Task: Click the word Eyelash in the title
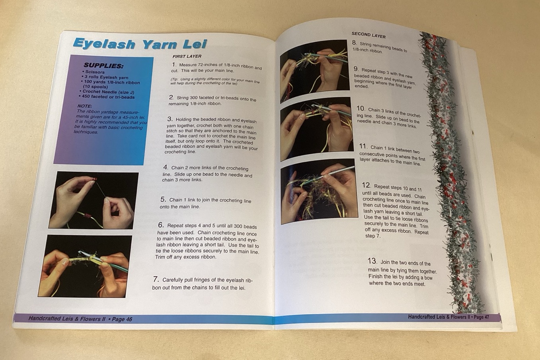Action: pyautogui.click(x=104, y=44)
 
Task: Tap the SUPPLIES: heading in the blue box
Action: pyautogui.click(x=103, y=66)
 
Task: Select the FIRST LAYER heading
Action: pyautogui.click(x=187, y=56)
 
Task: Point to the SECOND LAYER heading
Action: pyautogui.click(x=368, y=35)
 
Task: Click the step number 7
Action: pyautogui.click(x=156, y=279)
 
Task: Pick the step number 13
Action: pyautogui.click(x=372, y=261)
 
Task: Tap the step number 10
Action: pyautogui.click(x=361, y=108)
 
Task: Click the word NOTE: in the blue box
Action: pyautogui.click(x=85, y=106)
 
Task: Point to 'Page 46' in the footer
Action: pyautogui.click(x=122, y=319)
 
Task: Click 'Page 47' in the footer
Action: pyautogui.click(x=481, y=317)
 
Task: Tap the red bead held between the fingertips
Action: pyautogui.click(x=96, y=179)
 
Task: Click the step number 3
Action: pyautogui.click(x=170, y=119)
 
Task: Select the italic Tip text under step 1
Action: pyautogui.click(x=215, y=81)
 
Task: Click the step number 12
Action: pyautogui.click(x=366, y=185)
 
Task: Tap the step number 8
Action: pyautogui.click(x=354, y=43)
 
